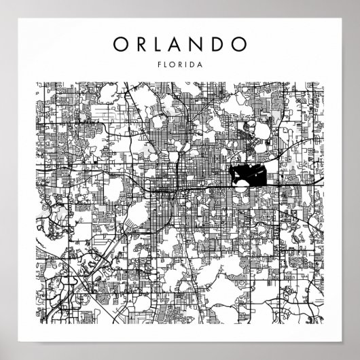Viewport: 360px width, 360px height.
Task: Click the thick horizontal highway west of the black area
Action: tap(204, 183)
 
